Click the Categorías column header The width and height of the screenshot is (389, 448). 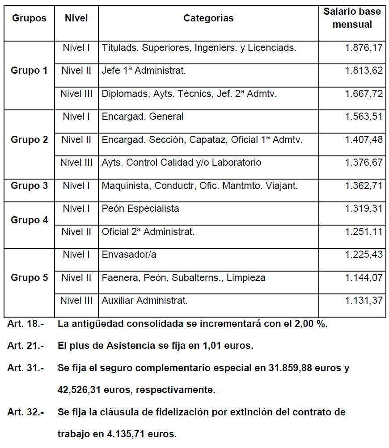point(208,18)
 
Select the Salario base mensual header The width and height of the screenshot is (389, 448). point(352,18)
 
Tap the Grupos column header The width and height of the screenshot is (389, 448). point(29,18)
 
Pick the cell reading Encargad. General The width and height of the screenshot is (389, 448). point(143,117)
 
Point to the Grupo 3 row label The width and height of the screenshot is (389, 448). point(29,185)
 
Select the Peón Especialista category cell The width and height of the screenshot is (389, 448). point(140,209)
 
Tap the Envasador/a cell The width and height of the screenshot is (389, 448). point(129,255)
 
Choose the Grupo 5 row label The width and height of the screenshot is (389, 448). point(29,277)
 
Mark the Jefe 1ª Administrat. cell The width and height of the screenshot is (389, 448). point(144,70)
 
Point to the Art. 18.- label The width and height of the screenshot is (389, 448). point(25,324)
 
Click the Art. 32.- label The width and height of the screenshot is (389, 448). point(25,412)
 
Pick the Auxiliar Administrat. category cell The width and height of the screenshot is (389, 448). point(145,301)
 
